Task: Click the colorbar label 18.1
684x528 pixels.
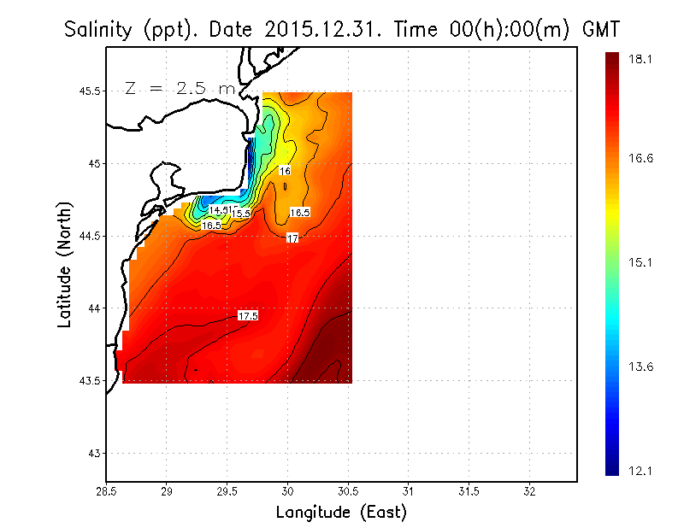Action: [640, 59]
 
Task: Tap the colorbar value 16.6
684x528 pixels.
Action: [640, 158]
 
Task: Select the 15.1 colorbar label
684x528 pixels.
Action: [640, 262]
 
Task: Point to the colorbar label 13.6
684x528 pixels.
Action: [640, 367]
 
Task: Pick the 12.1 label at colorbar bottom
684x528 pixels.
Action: [640, 471]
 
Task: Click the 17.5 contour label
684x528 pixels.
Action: [248, 316]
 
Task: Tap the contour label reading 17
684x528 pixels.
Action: [292, 238]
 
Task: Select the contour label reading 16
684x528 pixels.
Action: [285, 171]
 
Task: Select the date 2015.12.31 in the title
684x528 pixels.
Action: [306, 30]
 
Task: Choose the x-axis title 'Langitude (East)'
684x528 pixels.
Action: [341, 513]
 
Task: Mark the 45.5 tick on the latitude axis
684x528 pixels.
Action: [87, 91]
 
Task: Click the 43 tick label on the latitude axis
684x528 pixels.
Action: [91, 453]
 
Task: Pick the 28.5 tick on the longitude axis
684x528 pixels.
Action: [106, 491]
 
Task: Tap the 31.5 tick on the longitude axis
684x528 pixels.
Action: [469, 491]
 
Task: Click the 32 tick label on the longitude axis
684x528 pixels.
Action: [529, 491]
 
